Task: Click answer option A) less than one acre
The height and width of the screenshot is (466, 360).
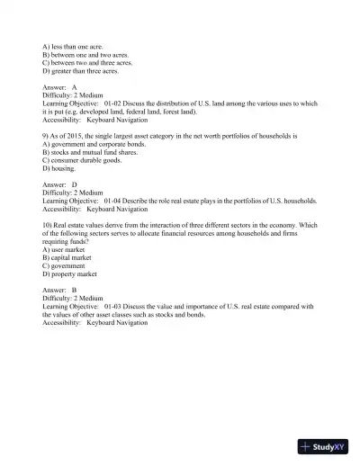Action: click(73, 46)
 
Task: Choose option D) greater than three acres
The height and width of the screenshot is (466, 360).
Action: click(80, 71)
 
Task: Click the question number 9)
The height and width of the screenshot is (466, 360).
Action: click(46, 135)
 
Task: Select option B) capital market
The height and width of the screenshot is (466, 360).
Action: click(68, 257)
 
